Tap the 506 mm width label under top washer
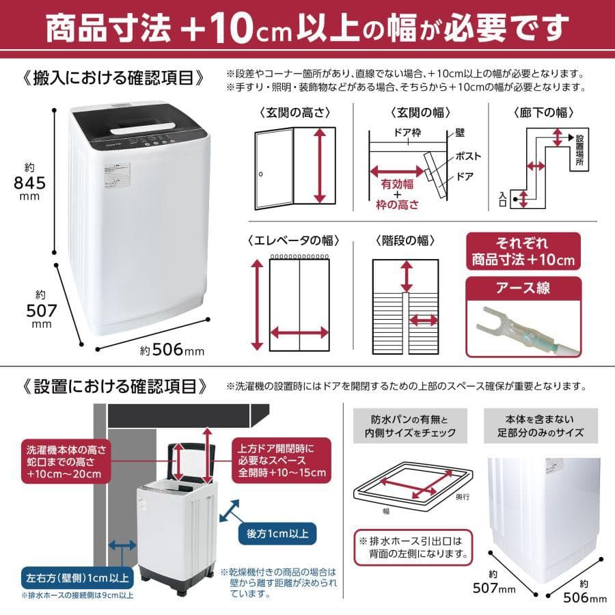172,351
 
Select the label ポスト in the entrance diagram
464,156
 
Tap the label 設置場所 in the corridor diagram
579,151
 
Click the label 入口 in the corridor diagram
504,199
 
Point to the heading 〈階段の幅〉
405,241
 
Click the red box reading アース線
523,288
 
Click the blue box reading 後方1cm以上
277,532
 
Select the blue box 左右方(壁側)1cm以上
77,577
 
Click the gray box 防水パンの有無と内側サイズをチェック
406,426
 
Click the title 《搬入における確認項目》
113,78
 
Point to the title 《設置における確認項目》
113,386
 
